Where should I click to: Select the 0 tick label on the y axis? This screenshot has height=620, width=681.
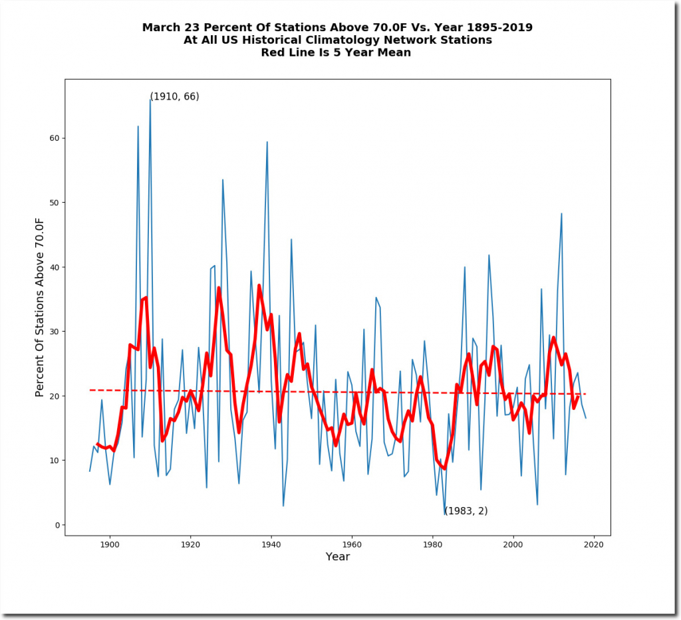coord(57,525)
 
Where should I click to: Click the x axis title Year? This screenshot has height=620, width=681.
coord(337,557)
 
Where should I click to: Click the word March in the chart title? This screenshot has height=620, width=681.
coord(161,27)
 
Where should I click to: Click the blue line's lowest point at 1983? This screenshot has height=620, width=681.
coord(444,512)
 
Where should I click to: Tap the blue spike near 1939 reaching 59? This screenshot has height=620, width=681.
coord(267,142)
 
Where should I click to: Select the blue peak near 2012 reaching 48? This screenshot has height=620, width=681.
coord(562,213)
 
